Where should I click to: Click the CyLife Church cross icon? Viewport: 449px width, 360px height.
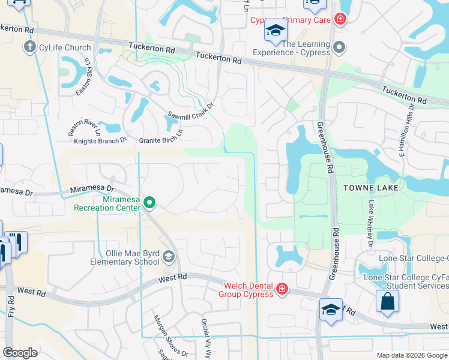pyautogui.click(x=29, y=47)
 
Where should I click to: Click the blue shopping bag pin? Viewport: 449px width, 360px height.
pyautogui.click(x=387, y=302)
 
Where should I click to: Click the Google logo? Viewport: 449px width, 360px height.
pyautogui.click(x=20, y=353)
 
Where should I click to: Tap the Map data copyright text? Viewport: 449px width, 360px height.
pyautogui.click(x=412, y=355)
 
